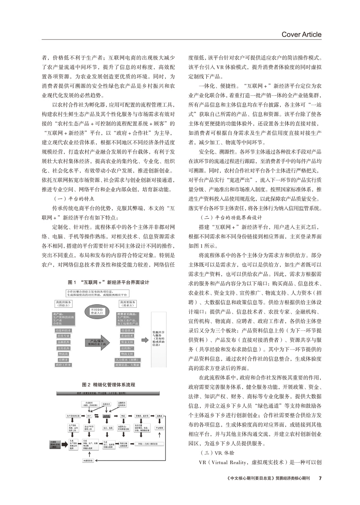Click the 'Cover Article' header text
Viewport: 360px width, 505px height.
(302, 34)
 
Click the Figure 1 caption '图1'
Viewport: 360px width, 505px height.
(72, 281)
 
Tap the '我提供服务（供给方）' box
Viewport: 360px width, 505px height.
(63, 303)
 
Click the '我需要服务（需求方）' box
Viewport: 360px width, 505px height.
(127, 303)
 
